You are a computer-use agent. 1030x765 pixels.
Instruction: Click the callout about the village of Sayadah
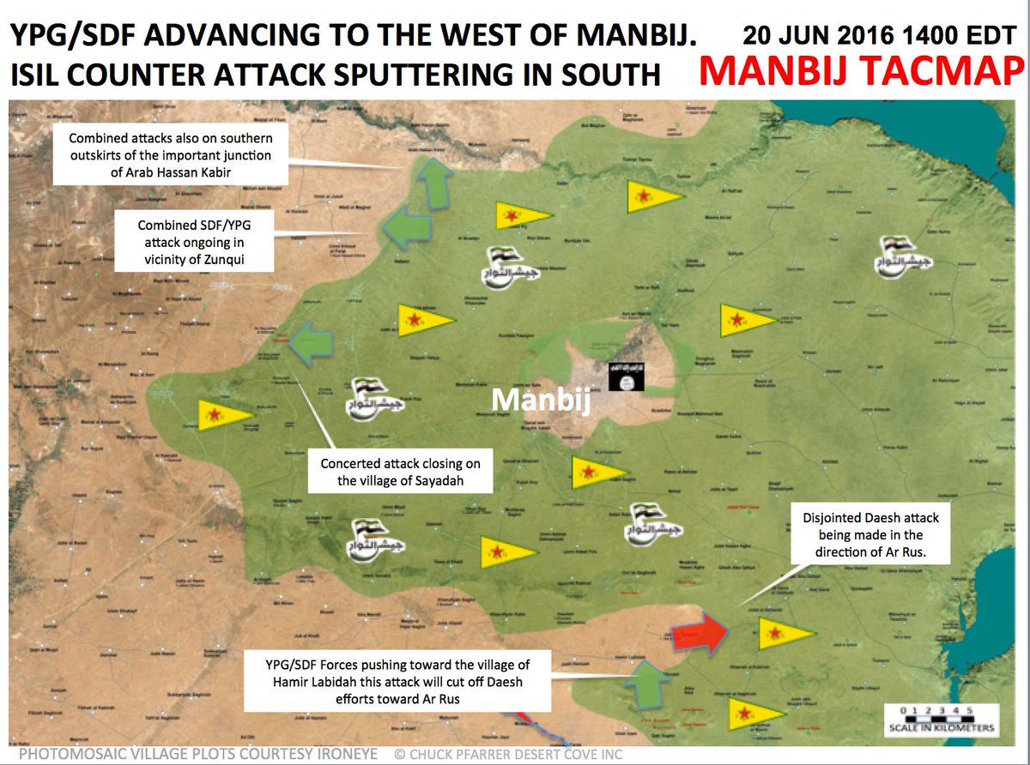[400, 471]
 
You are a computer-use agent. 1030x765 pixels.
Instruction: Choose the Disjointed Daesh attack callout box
[871, 536]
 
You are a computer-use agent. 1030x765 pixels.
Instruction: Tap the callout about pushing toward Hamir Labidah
[397, 681]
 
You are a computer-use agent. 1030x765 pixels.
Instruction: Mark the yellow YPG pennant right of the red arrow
[781, 634]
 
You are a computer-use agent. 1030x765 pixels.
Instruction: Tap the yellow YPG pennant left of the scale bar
[754, 713]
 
